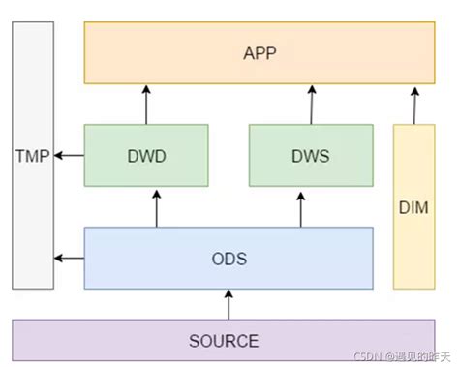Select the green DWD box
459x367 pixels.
(x=146, y=155)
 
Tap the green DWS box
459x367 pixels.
(x=311, y=155)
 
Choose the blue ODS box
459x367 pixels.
(x=229, y=258)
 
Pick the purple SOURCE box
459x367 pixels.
(x=229, y=340)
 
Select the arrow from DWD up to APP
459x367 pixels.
(x=146, y=104)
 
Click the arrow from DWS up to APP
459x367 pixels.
(x=312, y=104)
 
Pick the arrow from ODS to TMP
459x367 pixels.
(x=70, y=258)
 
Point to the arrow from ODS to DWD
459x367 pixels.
(x=156, y=206)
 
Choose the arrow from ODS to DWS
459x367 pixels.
(x=301, y=206)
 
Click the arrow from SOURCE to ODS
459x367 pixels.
(x=229, y=304)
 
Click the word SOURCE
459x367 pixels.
(x=224, y=341)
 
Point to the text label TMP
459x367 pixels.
(x=33, y=155)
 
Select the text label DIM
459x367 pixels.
(x=413, y=207)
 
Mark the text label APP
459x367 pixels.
(x=260, y=52)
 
